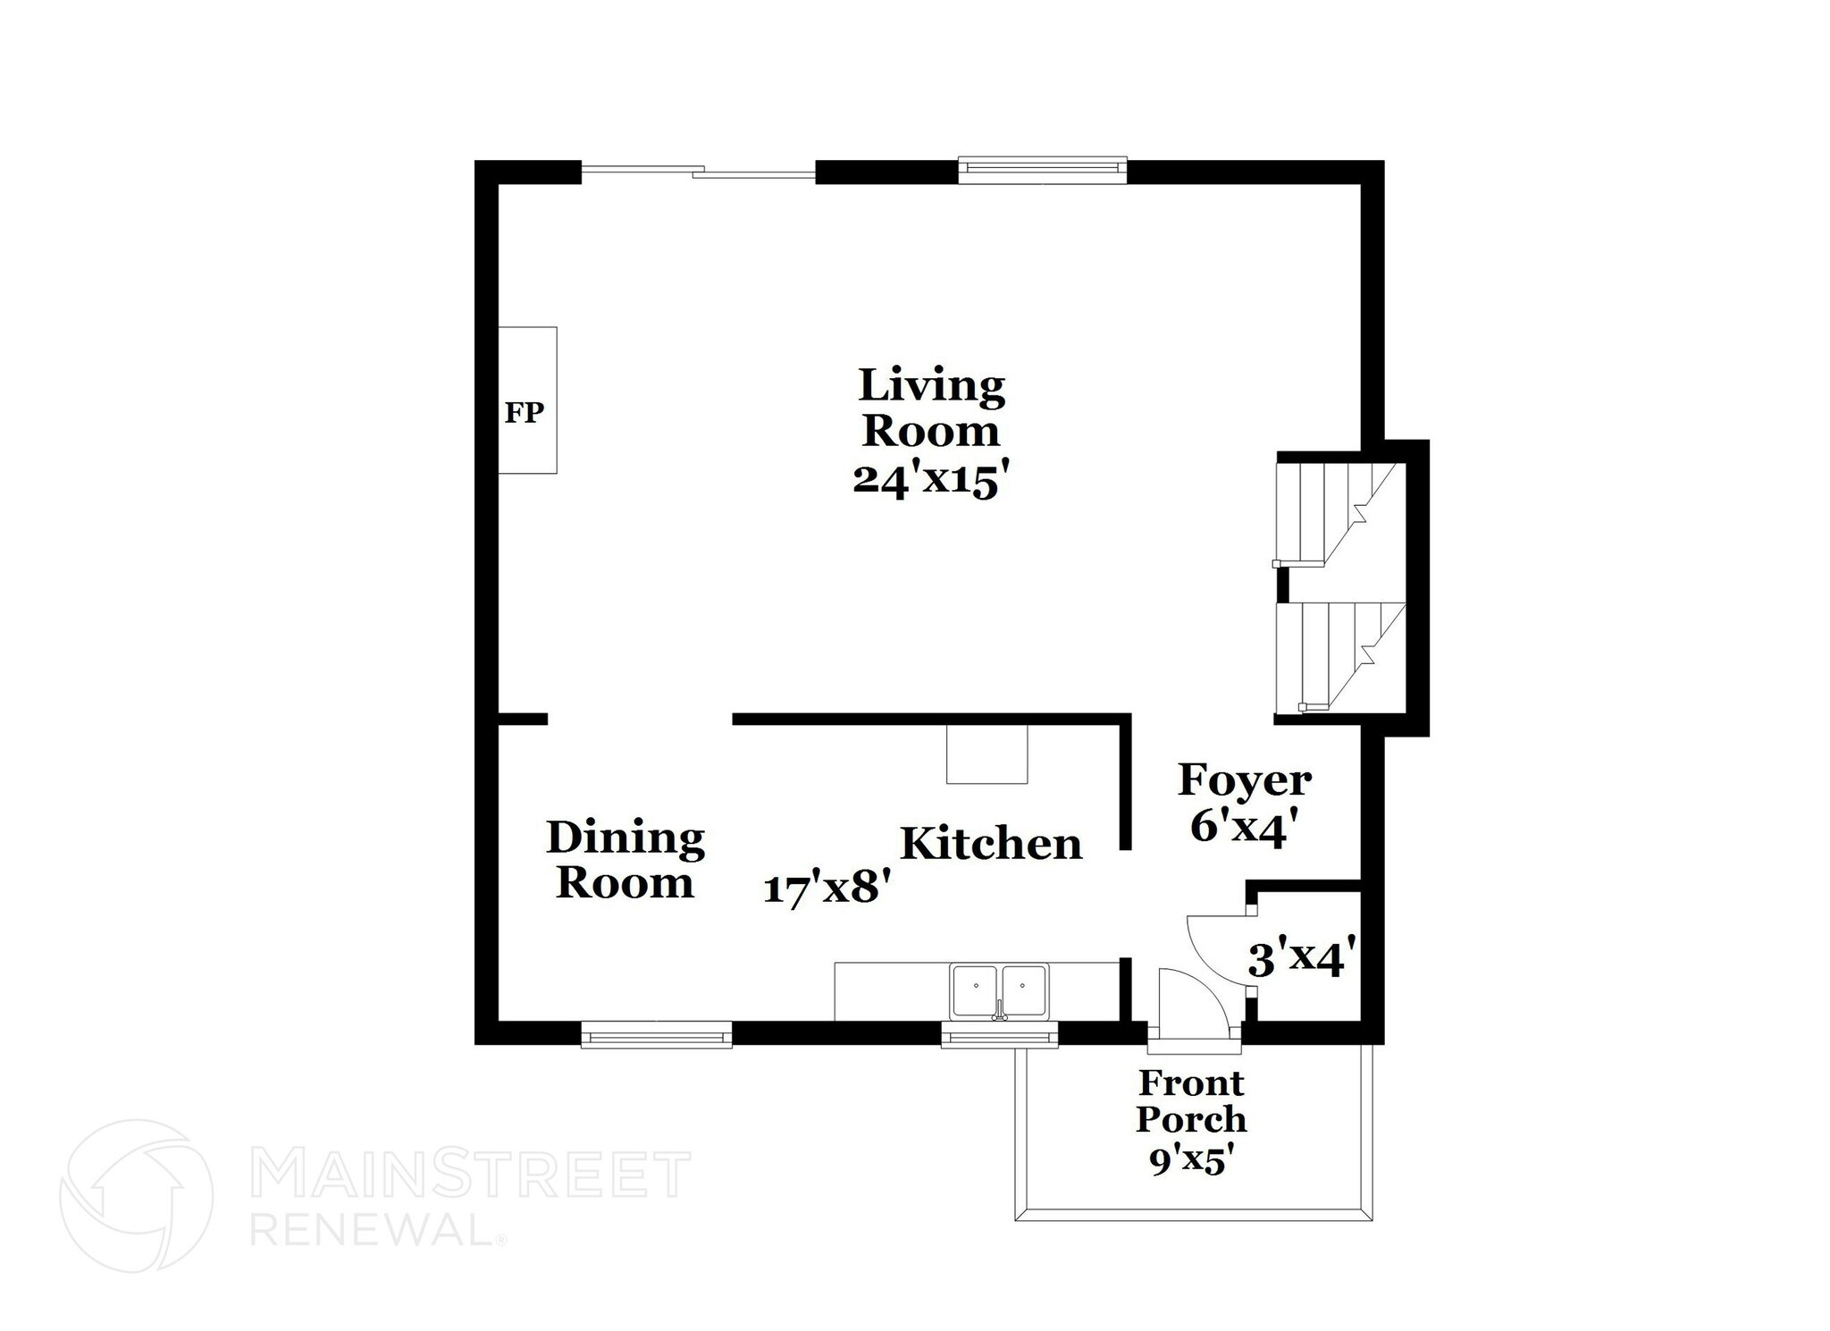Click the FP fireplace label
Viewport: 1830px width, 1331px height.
tap(525, 412)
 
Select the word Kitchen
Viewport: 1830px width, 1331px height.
tap(991, 844)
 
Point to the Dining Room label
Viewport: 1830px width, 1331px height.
tap(625, 860)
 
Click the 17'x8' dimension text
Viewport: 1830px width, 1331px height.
tap(827, 889)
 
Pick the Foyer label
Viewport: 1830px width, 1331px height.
tap(1245, 779)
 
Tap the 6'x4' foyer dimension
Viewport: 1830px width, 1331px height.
tap(1238, 827)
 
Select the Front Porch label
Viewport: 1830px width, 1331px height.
tap(1191, 1100)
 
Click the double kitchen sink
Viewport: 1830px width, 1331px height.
tap(999, 990)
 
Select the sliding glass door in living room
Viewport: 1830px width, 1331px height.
tap(699, 172)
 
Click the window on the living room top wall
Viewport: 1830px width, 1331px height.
tap(1042, 170)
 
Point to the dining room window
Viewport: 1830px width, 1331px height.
tap(656, 1036)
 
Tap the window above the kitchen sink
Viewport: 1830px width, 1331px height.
tap(999, 1036)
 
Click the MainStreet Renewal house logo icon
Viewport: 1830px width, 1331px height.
tap(137, 1195)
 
